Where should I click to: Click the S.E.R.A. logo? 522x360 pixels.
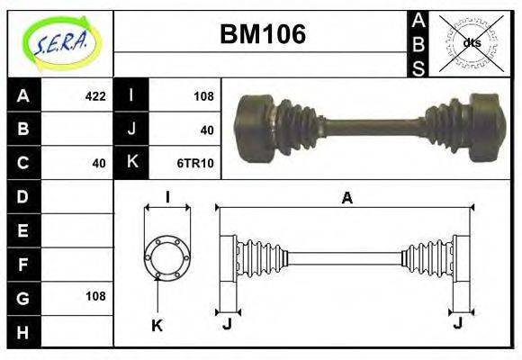coord(59,42)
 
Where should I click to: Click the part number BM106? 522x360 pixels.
coord(263,35)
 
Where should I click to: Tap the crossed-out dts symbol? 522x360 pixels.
coord(472,42)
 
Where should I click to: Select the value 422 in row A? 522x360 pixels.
coord(94,95)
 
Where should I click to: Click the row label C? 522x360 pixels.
coord(23,163)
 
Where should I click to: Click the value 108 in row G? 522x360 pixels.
coord(94,296)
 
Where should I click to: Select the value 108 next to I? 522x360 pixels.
coord(202,95)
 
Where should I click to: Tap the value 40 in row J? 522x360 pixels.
coord(206,130)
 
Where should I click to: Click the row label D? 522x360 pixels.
coord(23,196)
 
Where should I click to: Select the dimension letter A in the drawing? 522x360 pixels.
coord(346,199)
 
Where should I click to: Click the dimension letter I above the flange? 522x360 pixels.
coord(166,197)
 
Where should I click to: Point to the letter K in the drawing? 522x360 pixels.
coord(157,326)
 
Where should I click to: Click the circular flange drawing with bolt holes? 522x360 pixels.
coord(166,256)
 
